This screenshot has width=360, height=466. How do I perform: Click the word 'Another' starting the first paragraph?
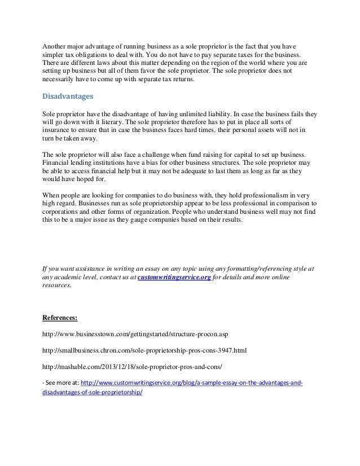56,46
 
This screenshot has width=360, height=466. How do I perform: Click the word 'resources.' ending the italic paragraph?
58,286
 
